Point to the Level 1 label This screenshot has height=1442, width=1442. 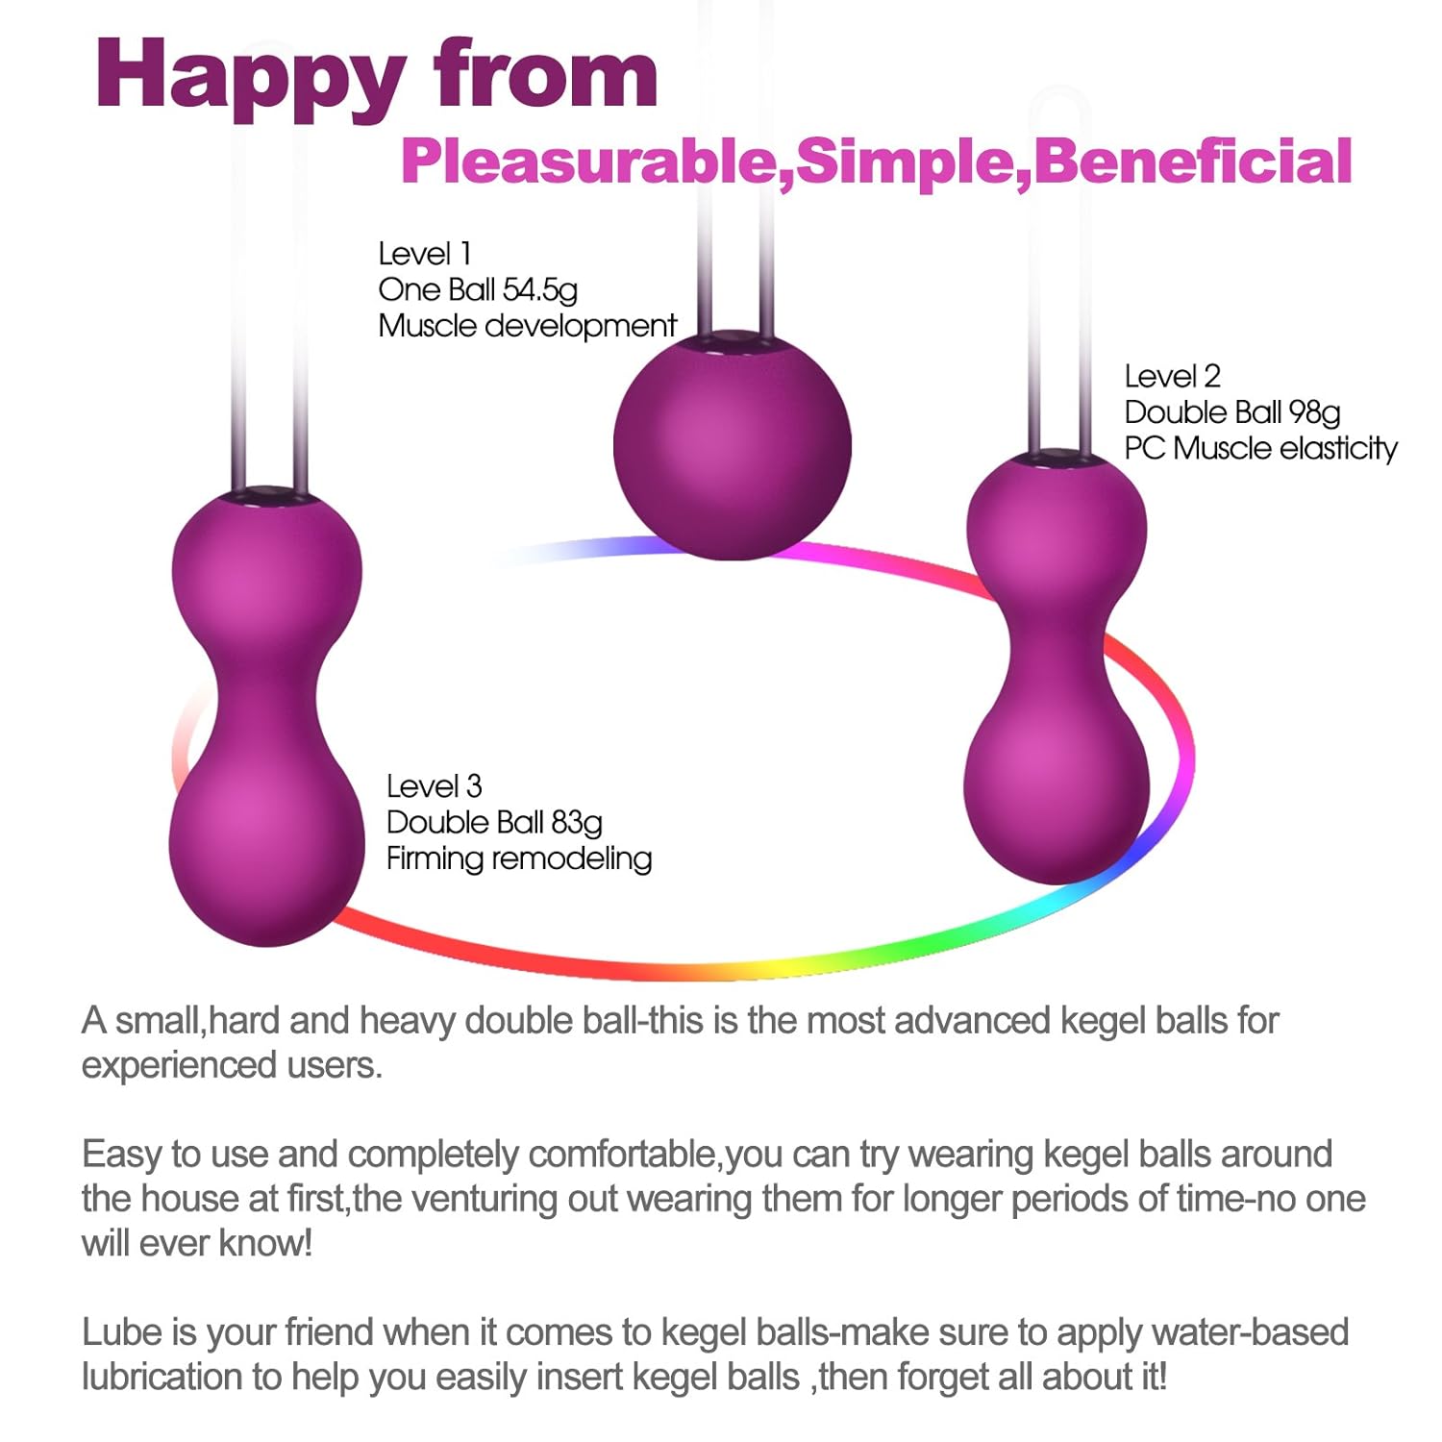(x=424, y=254)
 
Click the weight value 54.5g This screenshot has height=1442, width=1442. (x=539, y=290)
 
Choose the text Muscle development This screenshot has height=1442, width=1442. (x=527, y=326)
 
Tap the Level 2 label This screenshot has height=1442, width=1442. (x=1172, y=376)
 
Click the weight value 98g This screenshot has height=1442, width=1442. (x=1314, y=412)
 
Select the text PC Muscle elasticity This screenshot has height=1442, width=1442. (x=1260, y=448)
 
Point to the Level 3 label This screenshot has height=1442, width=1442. (x=434, y=786)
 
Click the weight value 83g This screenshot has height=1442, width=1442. (x=576, y=823)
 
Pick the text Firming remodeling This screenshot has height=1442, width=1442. (x=519, y=858)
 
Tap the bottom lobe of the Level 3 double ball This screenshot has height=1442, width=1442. (x=267, y=846)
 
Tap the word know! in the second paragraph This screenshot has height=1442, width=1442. (x=266, y=1243)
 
